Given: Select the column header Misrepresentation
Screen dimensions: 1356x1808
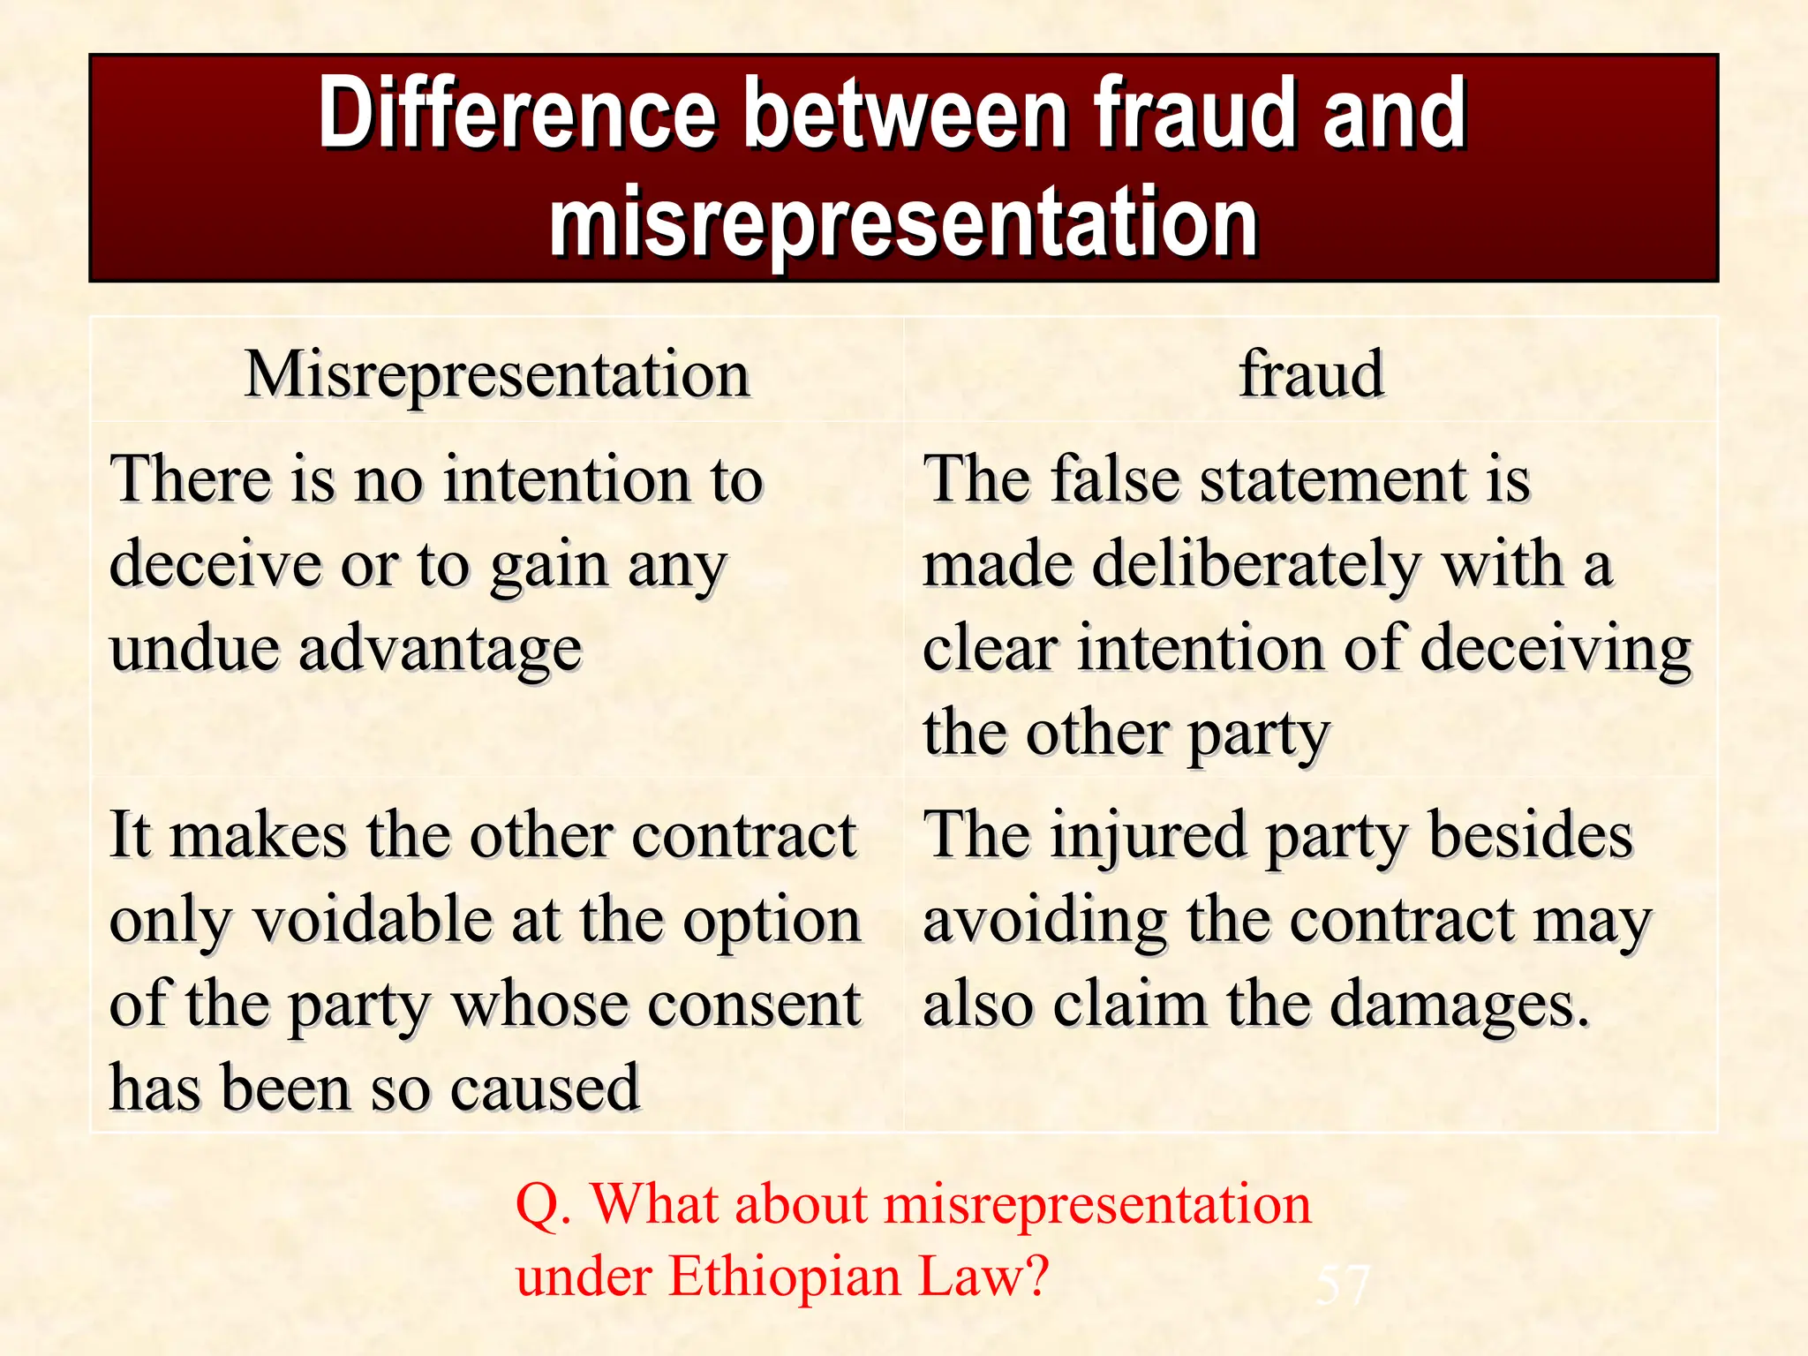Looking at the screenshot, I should point(497,374).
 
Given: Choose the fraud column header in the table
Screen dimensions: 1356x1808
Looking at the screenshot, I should point(1311,374).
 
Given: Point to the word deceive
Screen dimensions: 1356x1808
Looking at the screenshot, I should point(215,565).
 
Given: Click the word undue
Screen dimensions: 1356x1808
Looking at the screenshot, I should point(194,649).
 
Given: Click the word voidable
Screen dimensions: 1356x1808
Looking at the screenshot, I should point(374,921).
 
